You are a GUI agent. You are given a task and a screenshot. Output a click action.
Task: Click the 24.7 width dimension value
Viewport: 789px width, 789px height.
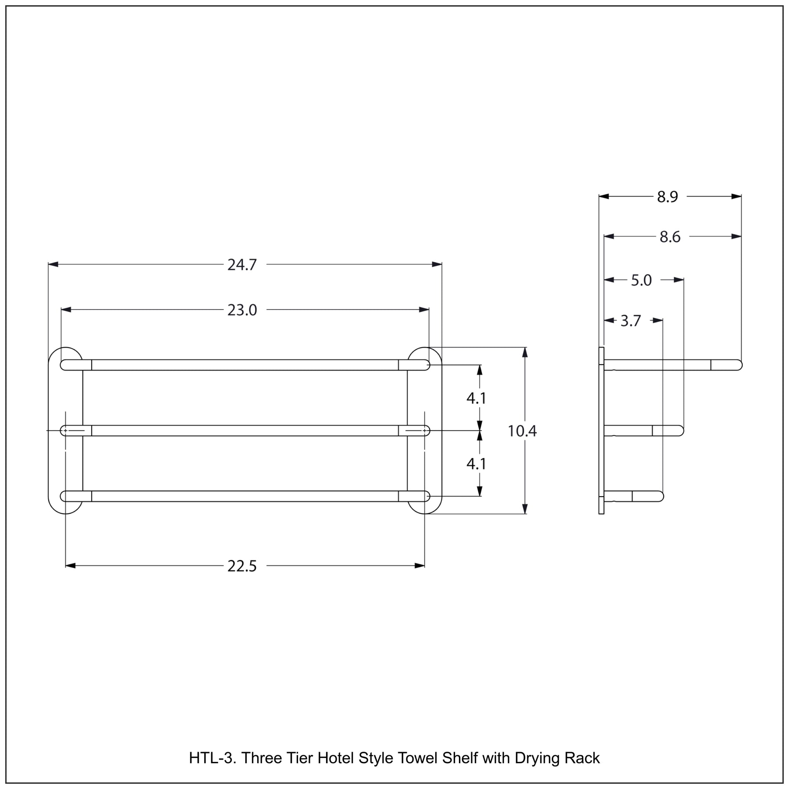pos(242,265)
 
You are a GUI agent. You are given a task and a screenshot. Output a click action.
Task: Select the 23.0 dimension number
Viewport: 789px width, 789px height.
pos(242,310)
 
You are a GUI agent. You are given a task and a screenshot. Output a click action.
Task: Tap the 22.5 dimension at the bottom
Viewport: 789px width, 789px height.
pos(242,566)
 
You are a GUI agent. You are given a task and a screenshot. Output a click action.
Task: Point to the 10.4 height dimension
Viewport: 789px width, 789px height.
pos(522,431)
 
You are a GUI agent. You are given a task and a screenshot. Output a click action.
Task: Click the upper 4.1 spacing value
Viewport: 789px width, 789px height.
pos(476,398)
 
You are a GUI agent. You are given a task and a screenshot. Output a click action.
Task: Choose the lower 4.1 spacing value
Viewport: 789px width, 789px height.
pos(476,464)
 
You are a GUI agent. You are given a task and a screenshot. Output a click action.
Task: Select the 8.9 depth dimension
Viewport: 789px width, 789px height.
pos(667,197)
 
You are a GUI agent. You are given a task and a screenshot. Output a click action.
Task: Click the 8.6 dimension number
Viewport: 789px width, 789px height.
pos(670,237)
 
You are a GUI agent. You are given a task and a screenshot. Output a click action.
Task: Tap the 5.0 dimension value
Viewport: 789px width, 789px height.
pos(641,280)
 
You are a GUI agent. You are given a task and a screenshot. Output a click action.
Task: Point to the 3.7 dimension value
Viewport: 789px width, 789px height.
pos(630,321)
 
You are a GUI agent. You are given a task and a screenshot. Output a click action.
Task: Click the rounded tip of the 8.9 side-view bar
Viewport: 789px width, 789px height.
pos(740,365)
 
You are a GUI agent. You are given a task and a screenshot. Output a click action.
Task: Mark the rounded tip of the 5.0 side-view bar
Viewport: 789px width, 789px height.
pos(682,430)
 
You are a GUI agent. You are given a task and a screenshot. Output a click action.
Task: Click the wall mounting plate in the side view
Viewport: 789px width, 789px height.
pos(601,430)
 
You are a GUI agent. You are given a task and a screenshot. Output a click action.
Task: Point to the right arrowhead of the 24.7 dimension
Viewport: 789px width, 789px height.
pos(437,264)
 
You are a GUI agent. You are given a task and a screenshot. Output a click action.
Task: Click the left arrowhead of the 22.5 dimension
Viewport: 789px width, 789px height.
pos(71,566)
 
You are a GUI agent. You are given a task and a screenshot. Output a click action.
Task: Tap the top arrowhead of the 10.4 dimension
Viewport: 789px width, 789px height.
pos(525,352)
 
